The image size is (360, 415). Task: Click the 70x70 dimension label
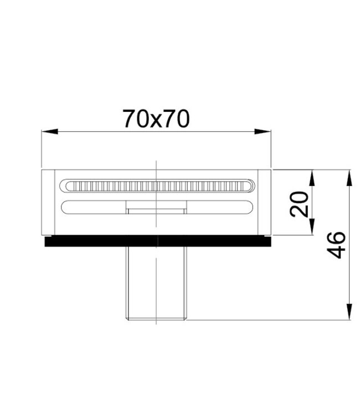pyautogui.click(x=156, y=119)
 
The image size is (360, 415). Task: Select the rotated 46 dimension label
pyautogui.click(x=336, y=245)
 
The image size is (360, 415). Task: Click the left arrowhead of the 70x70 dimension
pyautogui.click(x=50, y=131)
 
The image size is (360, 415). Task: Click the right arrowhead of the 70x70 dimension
pyautogui.click(x=263, y=131)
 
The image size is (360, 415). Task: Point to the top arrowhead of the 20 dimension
pyautogui.click(x=312, y=178)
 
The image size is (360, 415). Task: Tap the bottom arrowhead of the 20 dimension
pyautogui.click(x=312, y=226)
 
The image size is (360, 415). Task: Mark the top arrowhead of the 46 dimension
pyautogui.click(x=349, y=178)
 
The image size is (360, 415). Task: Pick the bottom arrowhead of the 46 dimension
pyautogui.click(x=349, y=312)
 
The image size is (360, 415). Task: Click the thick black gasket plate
pyautogui.click(x=158, y=241)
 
